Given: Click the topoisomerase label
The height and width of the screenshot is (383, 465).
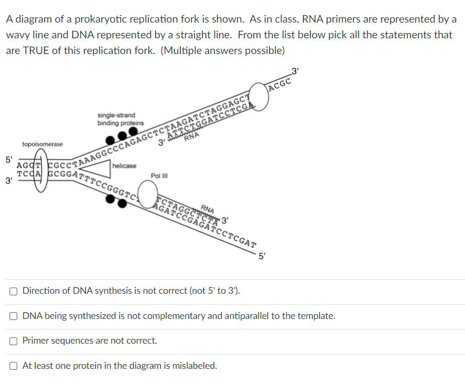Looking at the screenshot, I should (x=42, y=144).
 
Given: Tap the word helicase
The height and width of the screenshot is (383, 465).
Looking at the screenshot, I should (x=124, y=166).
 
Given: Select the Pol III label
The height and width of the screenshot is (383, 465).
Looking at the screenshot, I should (x=158, y=176).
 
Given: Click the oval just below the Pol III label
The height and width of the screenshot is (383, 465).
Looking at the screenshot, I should (x=148, y=192).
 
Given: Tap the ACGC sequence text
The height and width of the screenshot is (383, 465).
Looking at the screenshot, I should (x=281, y=83).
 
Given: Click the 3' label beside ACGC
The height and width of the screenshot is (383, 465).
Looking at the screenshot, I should (x=295, y=70).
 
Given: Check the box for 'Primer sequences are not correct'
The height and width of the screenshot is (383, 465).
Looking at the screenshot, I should (x=13, y=341).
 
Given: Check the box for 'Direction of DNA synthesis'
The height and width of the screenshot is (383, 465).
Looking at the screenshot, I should (x=13, y=291).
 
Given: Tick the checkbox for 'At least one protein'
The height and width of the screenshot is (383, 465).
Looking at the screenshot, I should (x=13, y=366).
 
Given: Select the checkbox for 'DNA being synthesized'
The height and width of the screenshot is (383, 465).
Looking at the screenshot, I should (x=13, y=316).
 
